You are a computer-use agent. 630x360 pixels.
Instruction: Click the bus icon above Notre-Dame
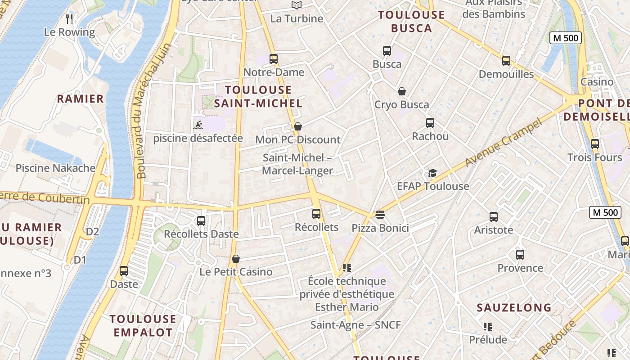[273, 58]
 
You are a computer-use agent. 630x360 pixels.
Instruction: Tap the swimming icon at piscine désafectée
[198, 125]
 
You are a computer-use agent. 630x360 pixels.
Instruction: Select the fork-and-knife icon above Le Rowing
[69, 18]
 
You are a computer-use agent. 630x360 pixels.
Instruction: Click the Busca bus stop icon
[387, 51]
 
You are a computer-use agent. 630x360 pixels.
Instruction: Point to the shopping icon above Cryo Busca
[402, 91]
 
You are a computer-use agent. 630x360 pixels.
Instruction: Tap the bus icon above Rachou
[430, 122]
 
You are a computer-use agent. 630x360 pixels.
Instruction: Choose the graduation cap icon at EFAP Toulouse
[432, 173]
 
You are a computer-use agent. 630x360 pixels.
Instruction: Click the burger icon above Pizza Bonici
[380, 215]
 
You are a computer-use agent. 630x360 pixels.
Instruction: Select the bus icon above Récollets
[316, 214]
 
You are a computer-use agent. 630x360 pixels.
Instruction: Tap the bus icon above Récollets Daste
[201, 221]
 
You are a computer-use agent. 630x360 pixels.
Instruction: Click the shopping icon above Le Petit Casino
[236, 259]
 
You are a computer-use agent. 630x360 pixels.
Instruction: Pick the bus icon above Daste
[124, 271]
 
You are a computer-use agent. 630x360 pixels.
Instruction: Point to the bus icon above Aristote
[493, 216]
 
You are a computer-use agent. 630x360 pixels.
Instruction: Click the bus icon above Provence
[520, 255]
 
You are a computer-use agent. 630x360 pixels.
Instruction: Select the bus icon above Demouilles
[506, 61]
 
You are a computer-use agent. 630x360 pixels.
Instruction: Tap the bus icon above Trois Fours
[595, 144]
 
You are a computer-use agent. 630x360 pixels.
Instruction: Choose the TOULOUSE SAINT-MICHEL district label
[258, 96]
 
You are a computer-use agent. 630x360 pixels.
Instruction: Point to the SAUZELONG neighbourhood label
[514, 308]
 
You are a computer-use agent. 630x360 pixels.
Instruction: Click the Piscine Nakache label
[55, 168]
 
